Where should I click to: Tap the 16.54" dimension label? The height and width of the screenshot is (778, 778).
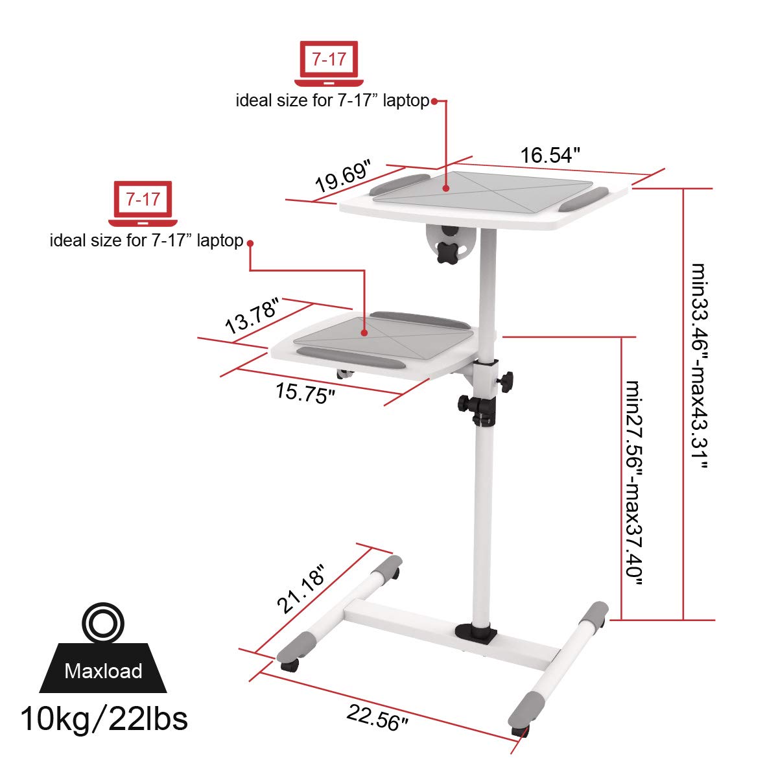[549, 156]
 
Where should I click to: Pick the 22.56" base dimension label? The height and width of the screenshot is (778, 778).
[377, 718]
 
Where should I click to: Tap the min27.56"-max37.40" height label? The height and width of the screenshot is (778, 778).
[633, 483]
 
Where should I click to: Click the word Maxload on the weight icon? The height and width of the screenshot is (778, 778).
[103, 670]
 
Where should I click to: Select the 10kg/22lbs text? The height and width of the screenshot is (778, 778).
[104, 718]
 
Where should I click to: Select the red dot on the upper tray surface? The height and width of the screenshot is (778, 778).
[446, 189]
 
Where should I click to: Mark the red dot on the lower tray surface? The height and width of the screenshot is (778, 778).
[364, 333]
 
